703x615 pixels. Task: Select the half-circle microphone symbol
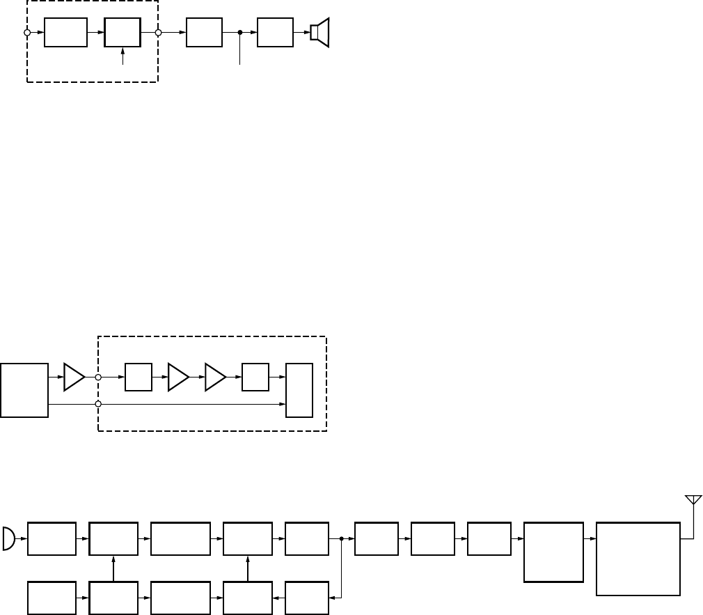9,538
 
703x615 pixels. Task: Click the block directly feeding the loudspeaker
275,33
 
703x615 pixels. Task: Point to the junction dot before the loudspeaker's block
240,33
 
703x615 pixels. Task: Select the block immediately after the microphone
52,538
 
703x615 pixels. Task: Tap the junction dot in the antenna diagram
342,538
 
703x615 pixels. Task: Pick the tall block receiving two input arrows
299,390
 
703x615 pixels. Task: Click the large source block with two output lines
24,390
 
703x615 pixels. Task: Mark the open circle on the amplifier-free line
98,404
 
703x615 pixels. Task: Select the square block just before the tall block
255,377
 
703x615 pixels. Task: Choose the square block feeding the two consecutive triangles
139,377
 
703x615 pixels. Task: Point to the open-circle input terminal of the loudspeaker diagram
27,33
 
